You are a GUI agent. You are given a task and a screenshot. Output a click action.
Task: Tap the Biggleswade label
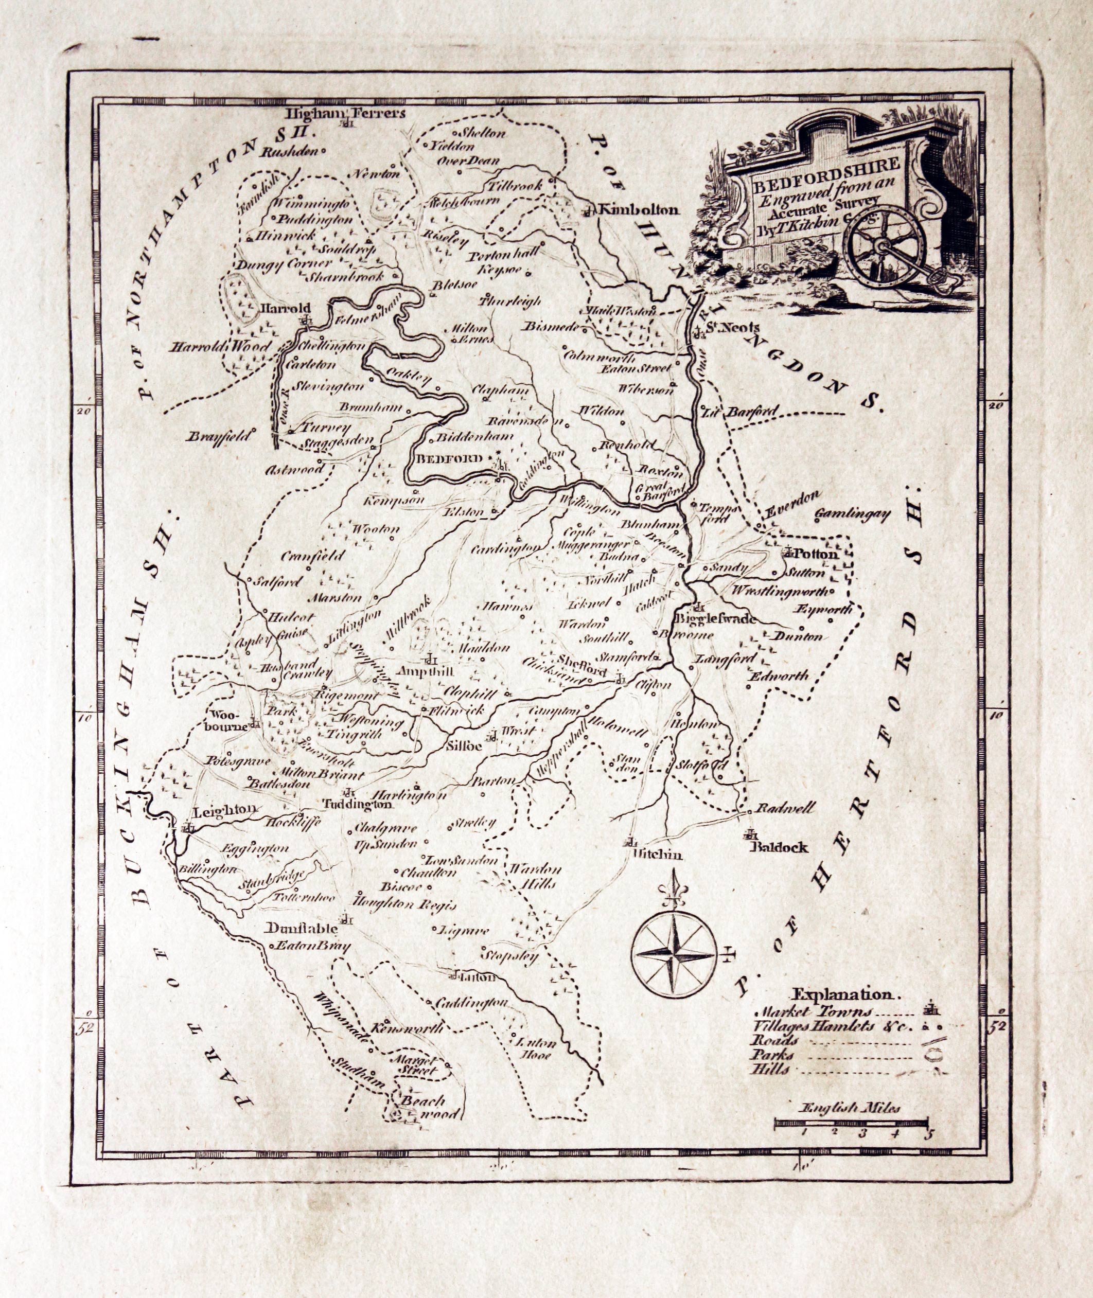[x=716, y=619]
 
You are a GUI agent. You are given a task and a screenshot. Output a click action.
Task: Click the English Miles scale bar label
[x=850, y=1109]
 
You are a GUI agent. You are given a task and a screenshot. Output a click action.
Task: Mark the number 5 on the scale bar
[x=927, y=1134]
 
